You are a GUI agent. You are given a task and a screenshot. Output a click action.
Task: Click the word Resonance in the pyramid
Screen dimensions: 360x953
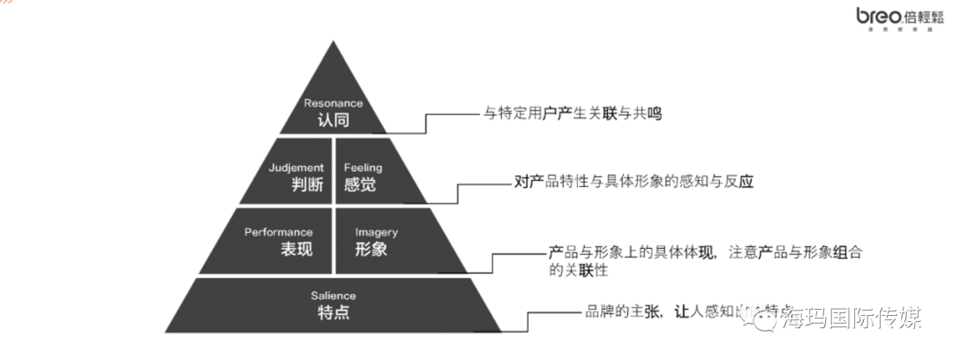click(334, 103)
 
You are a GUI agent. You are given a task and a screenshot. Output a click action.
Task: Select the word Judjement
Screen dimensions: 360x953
click(296, 167)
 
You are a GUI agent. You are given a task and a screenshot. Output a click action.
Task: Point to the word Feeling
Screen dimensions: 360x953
click(362, 167)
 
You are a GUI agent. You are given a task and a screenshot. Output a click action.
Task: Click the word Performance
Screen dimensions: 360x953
click(279, 232)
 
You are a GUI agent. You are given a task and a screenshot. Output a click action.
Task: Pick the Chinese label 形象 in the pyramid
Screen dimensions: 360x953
click(371, 249)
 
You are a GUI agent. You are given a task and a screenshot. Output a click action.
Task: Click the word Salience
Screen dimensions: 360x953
click(334, 296)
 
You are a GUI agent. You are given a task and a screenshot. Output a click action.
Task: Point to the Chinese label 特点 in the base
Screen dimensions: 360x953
click(334, 312)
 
